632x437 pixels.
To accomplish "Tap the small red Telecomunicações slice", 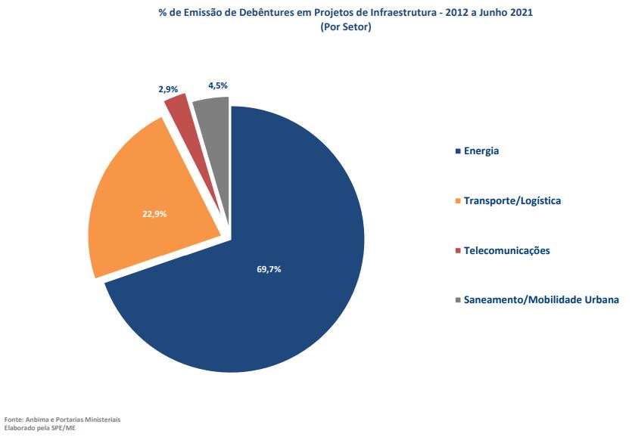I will pos(180,111).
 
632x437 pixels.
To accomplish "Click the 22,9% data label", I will pos(154,214).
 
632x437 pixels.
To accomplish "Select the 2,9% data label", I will pos(168,89).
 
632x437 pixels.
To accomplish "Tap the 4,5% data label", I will pos(218,85).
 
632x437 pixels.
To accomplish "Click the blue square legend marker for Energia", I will pos(457,151).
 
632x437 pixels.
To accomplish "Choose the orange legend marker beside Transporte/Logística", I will pos(457,201).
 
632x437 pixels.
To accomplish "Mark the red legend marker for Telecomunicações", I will pos(457,251).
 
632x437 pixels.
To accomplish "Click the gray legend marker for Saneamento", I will pos(457,300).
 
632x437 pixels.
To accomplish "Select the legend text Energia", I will pos(481,151).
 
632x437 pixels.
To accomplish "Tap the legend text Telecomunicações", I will pos(506,251).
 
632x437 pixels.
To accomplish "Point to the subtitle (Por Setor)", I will pos(345,27).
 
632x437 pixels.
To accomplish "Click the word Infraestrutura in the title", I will pos(406,13).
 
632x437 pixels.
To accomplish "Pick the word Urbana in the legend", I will pos(601,300).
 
